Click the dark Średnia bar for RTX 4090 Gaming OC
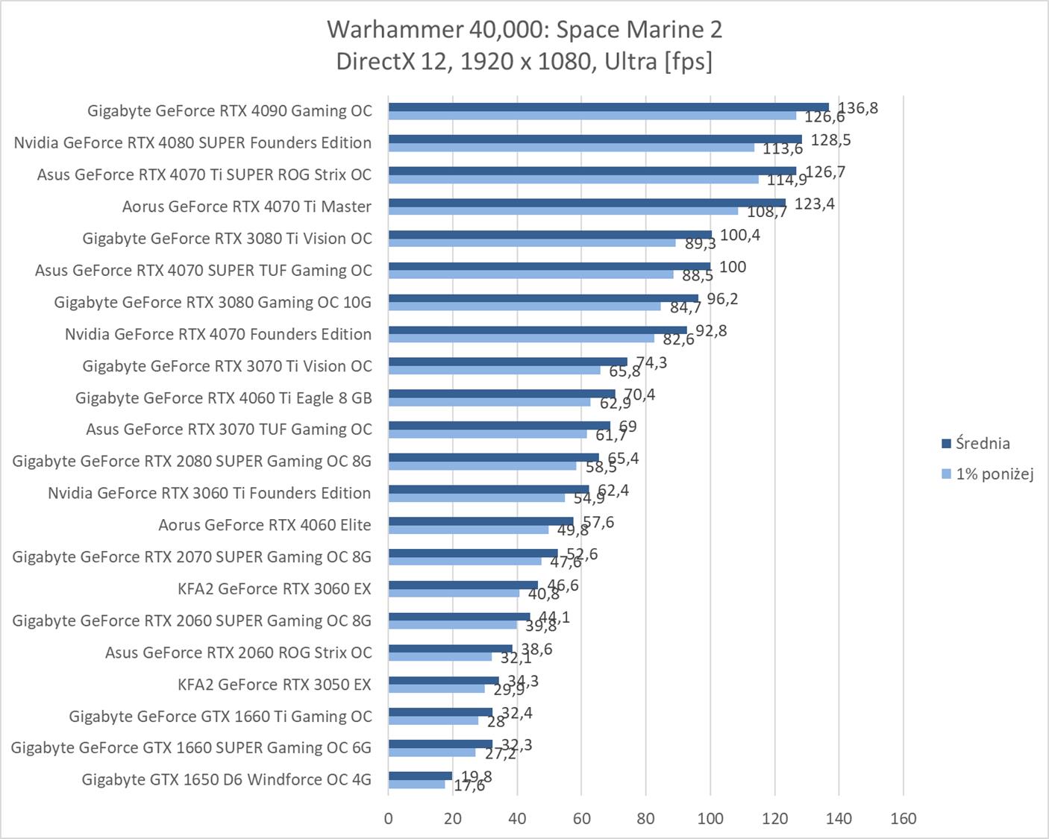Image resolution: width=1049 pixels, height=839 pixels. tap(608, 107)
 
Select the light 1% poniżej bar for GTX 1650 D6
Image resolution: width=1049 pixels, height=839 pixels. tap(416, 785)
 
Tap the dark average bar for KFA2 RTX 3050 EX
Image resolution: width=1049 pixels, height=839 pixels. tap(443, 680)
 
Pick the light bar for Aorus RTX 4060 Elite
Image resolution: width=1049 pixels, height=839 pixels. tap(469, 530)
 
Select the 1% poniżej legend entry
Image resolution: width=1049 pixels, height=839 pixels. tap(988, 474)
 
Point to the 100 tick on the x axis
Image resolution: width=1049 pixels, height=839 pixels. tap(710, 818)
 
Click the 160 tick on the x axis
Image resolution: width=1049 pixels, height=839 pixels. tap(904, 818)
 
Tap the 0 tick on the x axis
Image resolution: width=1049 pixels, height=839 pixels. tap(388, 818)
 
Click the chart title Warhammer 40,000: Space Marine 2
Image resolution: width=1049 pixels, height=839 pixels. tap(524, 30)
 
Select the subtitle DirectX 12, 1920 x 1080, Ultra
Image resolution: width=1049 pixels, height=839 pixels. tap(524, 61)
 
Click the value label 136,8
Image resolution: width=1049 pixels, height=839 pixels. tap(858, 108)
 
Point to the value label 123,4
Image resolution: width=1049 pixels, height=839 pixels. tap(814, 204)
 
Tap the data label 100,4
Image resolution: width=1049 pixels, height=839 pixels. tap(739, 235)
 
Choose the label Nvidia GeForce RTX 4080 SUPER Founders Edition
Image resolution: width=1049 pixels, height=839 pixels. tap(192, 142)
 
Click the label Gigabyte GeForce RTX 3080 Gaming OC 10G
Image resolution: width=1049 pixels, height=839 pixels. tap(213, 302)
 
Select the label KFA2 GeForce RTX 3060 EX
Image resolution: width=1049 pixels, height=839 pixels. tap(274, 589)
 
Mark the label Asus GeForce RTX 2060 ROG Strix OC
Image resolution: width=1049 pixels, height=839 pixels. tap(238, 653)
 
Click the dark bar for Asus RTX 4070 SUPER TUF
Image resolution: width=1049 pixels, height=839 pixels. tap(549, 266)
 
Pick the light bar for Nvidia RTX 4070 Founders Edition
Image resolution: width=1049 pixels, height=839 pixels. tap(521, 339)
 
